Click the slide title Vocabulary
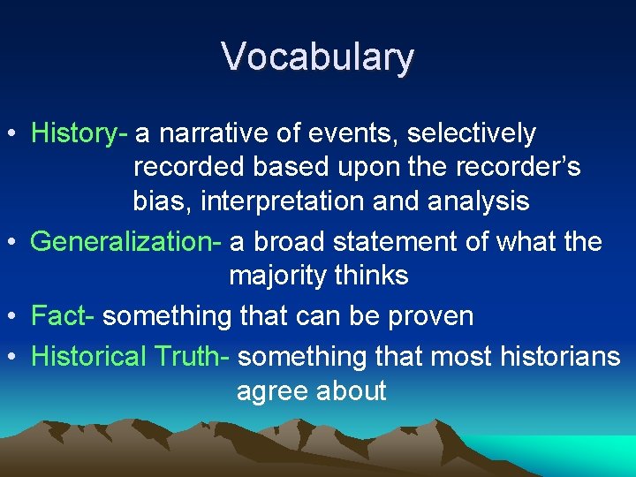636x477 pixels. coord(317,57)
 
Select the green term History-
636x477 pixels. coord(79,133)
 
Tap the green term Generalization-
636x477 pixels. coord(129,242)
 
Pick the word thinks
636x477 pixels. coord(372,276)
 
